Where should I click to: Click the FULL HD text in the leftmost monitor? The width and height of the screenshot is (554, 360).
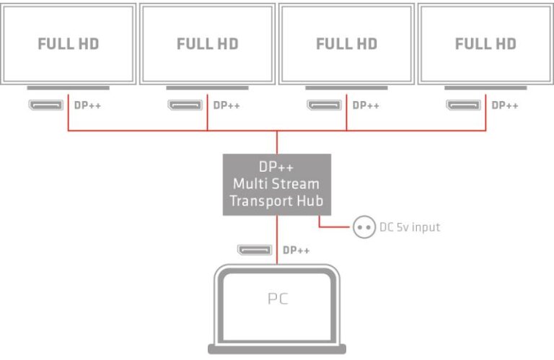point(69,44)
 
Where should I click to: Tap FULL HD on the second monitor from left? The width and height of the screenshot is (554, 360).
point(208,44)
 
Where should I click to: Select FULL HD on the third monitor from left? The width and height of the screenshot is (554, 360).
point(346,44)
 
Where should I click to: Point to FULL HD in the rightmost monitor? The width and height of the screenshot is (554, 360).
point(485,44)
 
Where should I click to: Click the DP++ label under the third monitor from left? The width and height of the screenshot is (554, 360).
point(366,105)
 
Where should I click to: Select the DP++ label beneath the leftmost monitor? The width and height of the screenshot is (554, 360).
point(87,105)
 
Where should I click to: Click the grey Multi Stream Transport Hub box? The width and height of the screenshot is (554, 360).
point(277,184)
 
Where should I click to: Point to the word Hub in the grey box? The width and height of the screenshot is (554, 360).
point(309,201)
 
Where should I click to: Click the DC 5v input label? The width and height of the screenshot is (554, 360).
point(409,227)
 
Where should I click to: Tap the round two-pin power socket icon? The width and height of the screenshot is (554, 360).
point(363,227)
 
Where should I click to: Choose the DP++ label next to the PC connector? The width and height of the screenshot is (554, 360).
point(296,250)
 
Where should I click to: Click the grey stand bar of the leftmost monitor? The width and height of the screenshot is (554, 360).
point(69,88)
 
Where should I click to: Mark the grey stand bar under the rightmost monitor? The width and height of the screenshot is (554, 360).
point(485,88)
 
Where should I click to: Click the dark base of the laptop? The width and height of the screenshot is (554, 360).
point(277,349)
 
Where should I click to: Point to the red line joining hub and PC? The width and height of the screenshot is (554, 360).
point(277,238)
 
